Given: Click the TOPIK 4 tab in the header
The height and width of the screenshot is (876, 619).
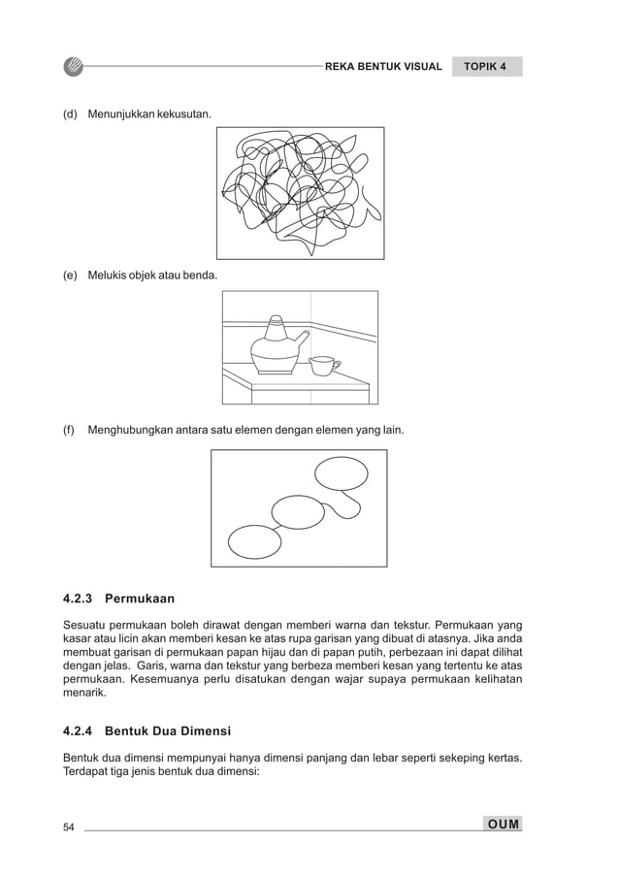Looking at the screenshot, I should (486, 67).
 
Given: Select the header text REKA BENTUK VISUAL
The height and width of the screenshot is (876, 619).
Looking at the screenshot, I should (383, 67).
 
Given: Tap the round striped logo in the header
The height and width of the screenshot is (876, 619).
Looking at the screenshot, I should (75, 67).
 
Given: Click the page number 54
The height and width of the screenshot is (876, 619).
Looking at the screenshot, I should (69, 827).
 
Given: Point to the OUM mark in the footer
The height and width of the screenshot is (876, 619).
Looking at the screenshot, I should (504, 825).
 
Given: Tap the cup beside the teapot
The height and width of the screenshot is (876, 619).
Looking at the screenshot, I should (322, 365).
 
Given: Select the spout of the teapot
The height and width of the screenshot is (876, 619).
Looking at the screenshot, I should (302, 338).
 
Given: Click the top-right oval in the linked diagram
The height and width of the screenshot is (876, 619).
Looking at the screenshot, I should (342, 473).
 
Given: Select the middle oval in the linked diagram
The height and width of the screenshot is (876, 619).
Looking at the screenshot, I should (297, 511).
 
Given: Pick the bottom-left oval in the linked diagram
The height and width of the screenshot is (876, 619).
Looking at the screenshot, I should (253, 541).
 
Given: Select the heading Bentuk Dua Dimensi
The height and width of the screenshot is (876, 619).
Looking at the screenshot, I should (167, 730).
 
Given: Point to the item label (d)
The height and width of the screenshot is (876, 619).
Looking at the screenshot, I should (70, 115).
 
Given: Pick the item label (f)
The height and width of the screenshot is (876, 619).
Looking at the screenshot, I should (70, 429).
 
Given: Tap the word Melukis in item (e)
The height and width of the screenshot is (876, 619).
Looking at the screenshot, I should (107, 276).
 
